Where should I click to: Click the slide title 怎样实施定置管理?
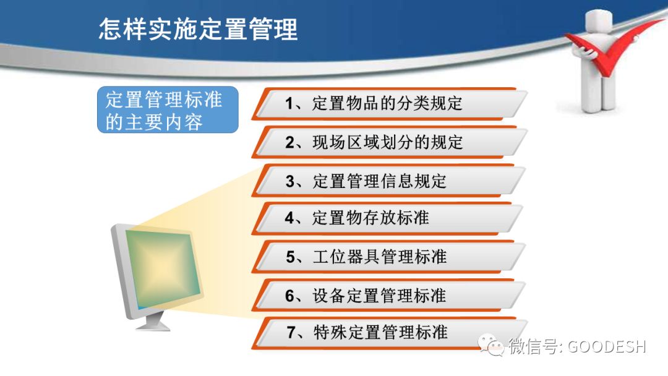click(198, 30)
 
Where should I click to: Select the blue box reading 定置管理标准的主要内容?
click(167, 110)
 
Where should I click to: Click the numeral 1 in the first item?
click(289, 103)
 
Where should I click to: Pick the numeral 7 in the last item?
click(291, 332)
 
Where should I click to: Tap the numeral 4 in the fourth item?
click(290, 218)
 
